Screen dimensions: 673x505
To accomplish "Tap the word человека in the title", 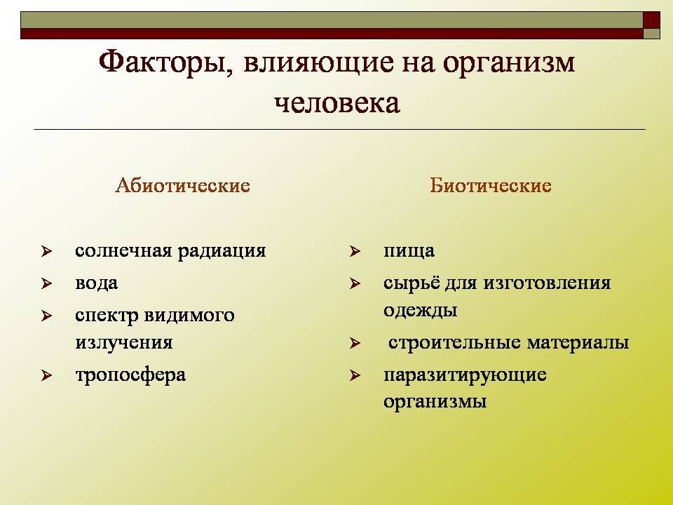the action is [x=337, y=103].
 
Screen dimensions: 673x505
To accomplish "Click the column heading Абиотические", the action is [x=182, y=185].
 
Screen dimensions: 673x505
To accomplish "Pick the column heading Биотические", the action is [x=491, y=185].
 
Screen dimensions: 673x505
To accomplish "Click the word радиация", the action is [x=222, y=251].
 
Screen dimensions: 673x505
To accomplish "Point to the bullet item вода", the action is [x=97, y=283].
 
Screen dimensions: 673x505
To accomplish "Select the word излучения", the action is [x=123, y=343].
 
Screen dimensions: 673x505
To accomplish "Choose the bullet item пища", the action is [x=409, y=251].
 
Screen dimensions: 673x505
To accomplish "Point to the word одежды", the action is [x=420, y=311].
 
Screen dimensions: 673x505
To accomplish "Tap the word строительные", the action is [x=455, y=343].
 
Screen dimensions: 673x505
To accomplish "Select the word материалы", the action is [x=578, y=343].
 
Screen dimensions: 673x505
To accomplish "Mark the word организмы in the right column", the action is [x=435, y=403].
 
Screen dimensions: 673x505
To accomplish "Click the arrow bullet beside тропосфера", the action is [x=46, y=376].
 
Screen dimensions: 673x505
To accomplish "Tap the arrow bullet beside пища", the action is [x=355, y=251].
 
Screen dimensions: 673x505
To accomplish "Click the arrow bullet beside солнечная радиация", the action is [x=46, y=251].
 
